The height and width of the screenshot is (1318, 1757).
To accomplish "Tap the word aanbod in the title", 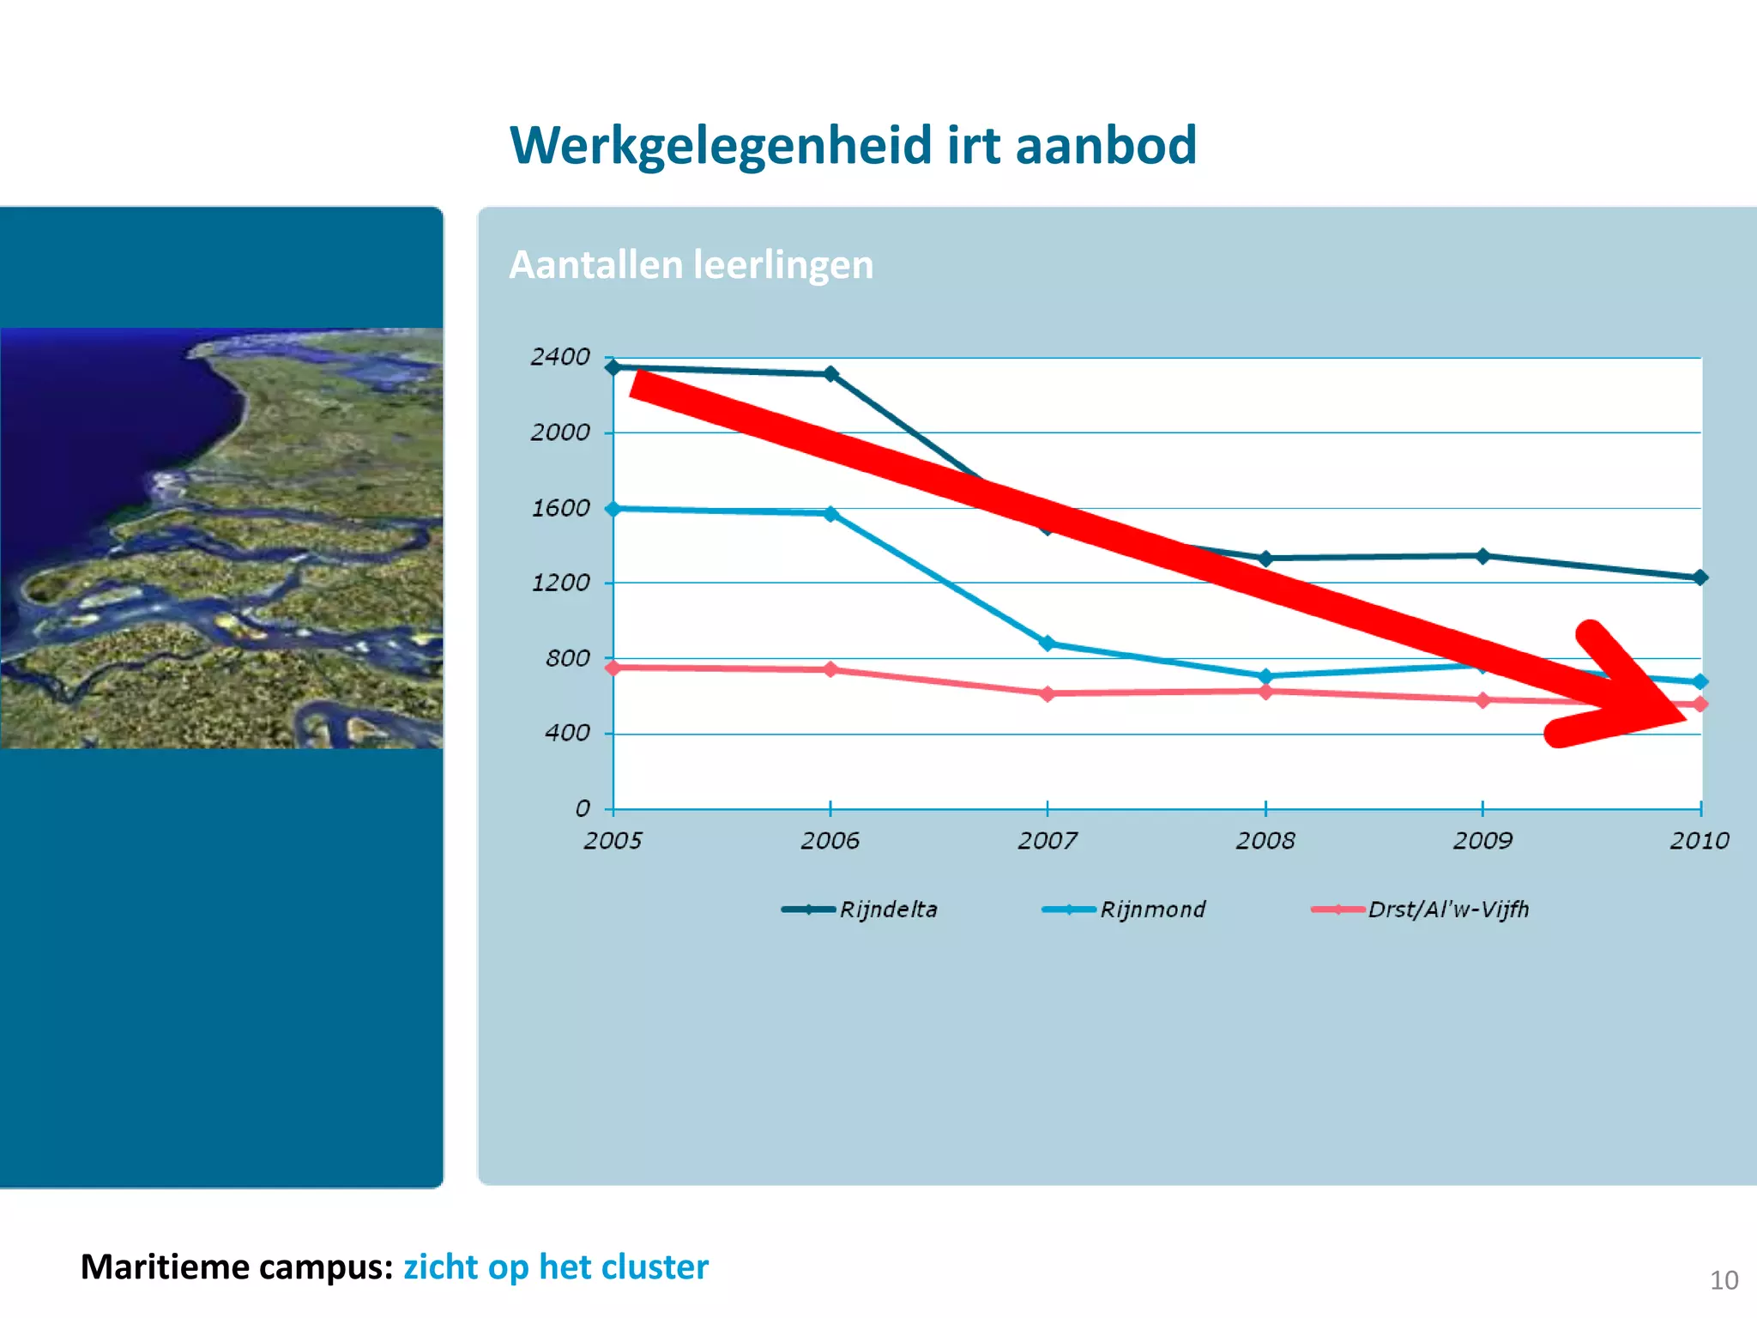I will pos(1106,145).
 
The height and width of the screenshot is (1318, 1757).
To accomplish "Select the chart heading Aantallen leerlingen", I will pos(691,264).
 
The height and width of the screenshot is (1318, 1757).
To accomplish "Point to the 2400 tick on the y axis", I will pos(560,357).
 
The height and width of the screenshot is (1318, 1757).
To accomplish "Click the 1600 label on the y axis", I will pos(560,508).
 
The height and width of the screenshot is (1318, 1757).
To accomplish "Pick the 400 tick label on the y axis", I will pos(567,734).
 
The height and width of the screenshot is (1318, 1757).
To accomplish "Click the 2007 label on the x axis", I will pos(1048,840).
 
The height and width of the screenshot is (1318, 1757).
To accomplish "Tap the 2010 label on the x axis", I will pos(1699,840).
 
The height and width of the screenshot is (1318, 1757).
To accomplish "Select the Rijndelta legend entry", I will pos(860,910).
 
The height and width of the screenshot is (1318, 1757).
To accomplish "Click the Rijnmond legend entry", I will pos(1124,910).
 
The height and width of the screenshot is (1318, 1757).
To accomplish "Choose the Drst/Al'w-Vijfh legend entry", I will pos(1420,910).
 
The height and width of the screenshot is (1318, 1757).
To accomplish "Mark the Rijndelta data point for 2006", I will pos(830,374).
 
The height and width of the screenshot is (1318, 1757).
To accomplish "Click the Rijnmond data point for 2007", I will pos(1047,644).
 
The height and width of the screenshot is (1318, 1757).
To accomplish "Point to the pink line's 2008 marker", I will pos(1265,692).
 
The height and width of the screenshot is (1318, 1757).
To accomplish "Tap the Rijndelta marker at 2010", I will pos(1700,577).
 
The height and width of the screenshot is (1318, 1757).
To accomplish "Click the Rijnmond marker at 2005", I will pos(613,509).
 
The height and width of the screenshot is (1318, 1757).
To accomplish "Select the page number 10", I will pos(1724,1280).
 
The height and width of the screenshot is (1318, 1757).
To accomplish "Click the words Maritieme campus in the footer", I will pos(236,1267).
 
